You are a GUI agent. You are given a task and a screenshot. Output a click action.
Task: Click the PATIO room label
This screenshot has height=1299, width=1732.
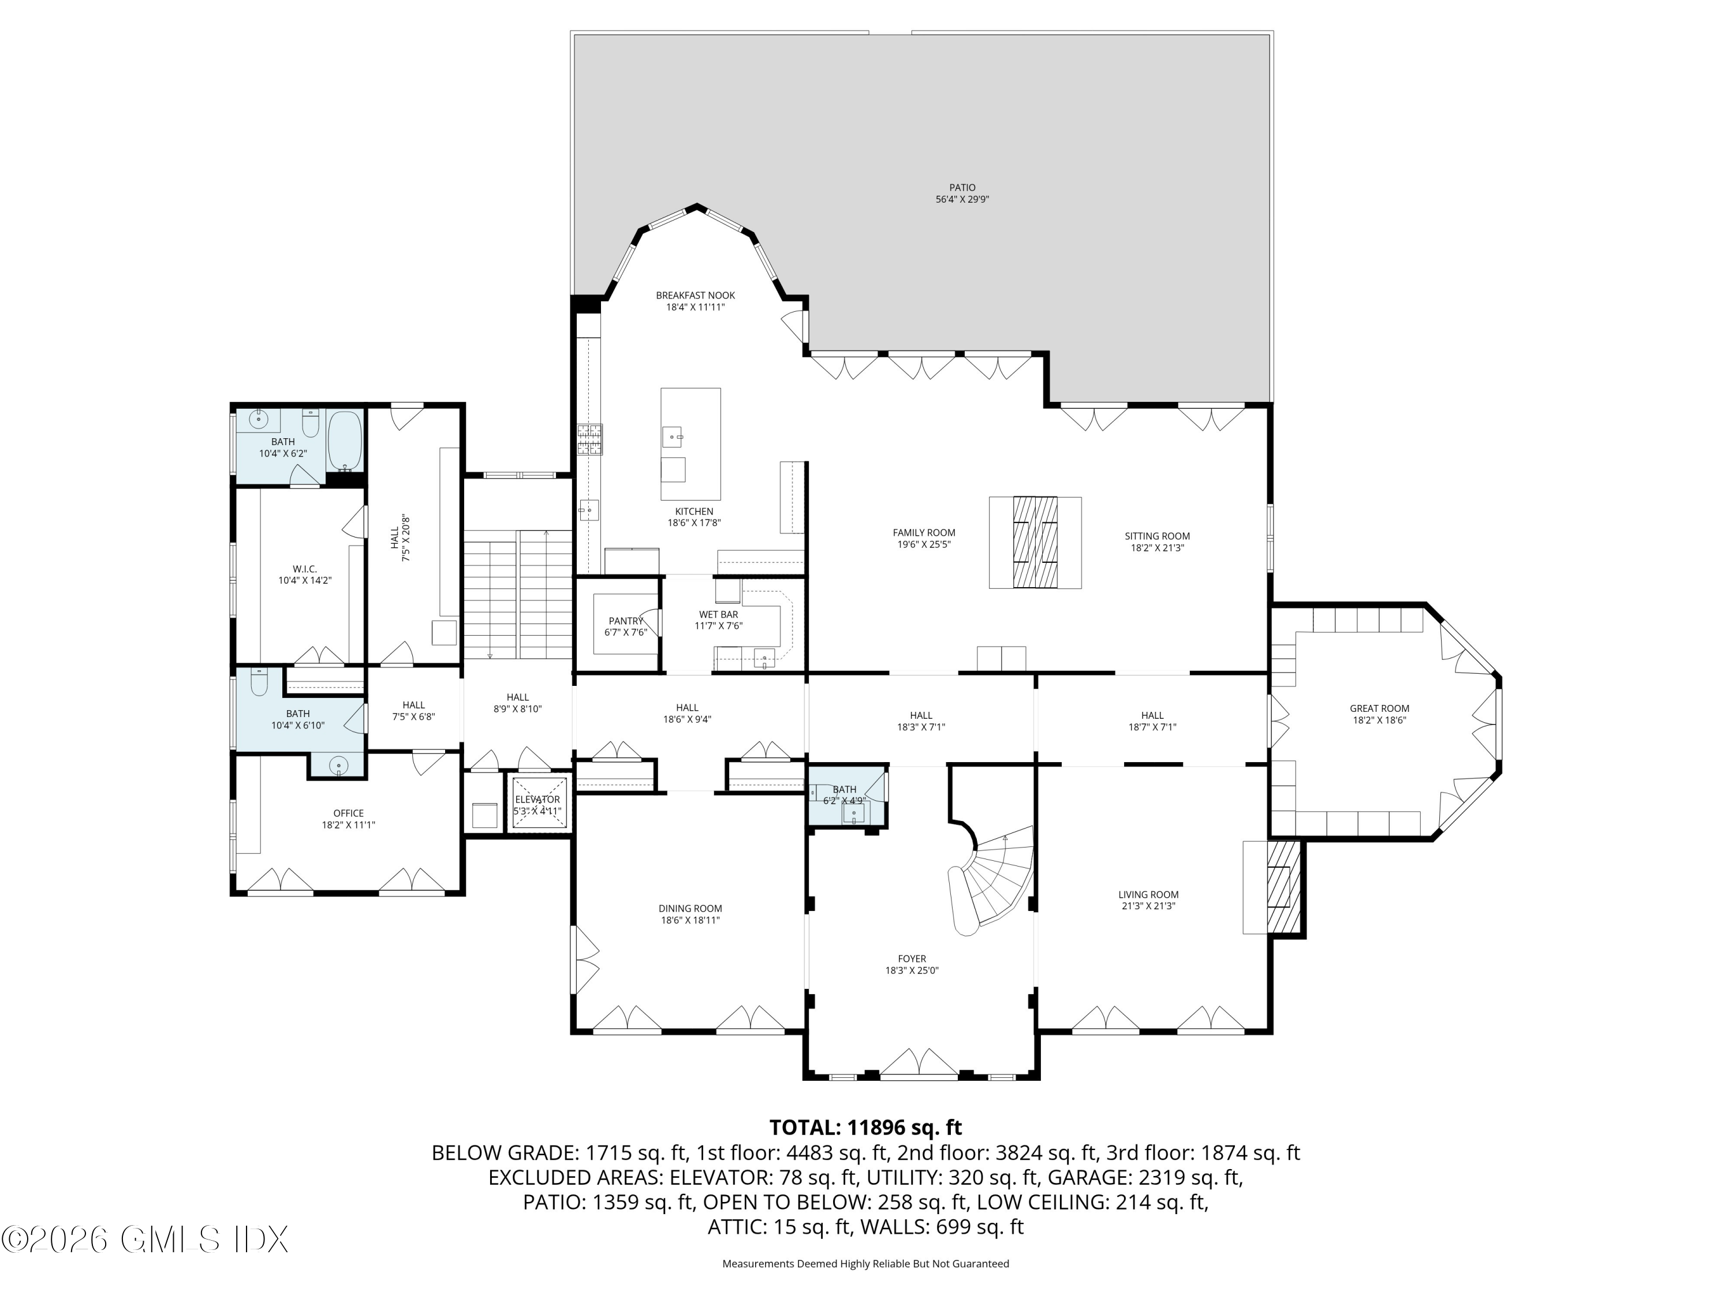click(x=962, y=188)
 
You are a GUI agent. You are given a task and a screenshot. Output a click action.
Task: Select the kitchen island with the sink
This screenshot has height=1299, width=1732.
click(x=690, y=444)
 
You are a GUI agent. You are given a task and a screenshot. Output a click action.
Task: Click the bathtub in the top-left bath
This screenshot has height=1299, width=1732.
click(x=345, y=441)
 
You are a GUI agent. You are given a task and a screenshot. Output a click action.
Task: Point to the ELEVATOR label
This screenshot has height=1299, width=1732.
click(x=537, y=800)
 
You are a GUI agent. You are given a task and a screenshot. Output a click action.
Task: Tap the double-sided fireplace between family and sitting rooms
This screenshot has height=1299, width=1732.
click(x=1035, y=542)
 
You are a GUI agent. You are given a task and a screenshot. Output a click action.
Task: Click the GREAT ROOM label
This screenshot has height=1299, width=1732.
click(x=1379, y=708)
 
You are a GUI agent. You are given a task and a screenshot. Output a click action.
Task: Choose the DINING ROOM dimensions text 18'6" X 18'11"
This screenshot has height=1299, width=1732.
click(x=690, y=920)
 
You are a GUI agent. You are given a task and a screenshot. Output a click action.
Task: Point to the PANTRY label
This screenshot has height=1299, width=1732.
click(x=626, y=621)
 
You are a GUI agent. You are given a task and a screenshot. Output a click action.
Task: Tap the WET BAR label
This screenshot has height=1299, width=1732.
click(x=718, y=615)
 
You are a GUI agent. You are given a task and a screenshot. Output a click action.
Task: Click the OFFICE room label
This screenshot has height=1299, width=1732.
click(x=349, y=813)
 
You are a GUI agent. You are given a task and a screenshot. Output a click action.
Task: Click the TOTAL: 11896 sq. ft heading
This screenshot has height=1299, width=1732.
click(x=865, y=1128)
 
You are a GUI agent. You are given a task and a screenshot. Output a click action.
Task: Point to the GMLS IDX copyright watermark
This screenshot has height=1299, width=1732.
click(x=145, y=1240)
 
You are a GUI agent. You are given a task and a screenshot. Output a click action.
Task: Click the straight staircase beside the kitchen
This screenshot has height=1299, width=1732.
click(x=517, y=593)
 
